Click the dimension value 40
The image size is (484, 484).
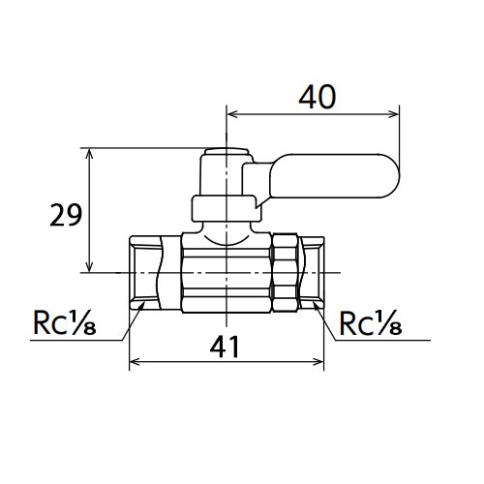[x=318, y=97]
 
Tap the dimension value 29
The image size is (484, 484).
[x=66, y=215]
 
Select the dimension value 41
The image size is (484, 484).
[x=225, y=348]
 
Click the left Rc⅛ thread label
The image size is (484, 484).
[x=65, y=322]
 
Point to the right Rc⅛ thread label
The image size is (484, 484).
[x=371, y=322]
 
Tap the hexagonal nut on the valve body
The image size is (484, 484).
[x=286, y=273]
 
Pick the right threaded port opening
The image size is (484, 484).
[x=313, y=273]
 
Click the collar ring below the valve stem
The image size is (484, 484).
[x=226, y=208]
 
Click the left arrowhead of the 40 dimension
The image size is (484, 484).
[x=232, y=114]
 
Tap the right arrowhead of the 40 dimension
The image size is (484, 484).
[x=393, y=114]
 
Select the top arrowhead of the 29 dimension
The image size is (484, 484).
[x=89, y=154]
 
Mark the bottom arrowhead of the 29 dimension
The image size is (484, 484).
[x=89, y=266]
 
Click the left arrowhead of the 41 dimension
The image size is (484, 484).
[x=135, y=362]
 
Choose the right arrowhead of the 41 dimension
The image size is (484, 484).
[x=318, y=362]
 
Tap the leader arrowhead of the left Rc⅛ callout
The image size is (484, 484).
[x=140, y=308]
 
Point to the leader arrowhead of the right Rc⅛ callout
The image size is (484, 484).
[x=317, y=307]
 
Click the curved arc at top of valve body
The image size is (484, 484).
[x=227, y=243]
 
